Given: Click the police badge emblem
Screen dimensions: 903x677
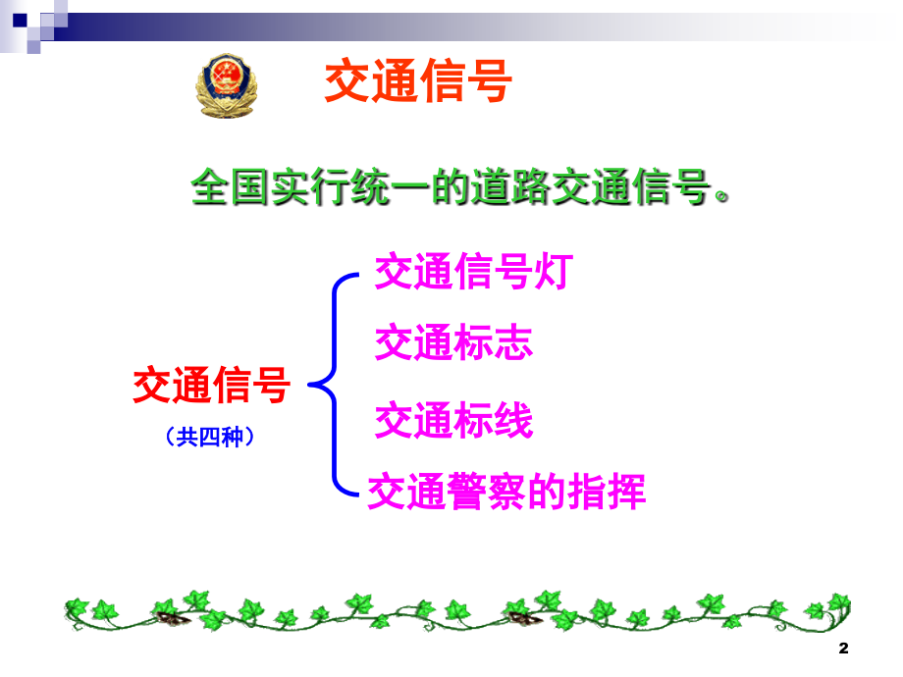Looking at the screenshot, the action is coord(227,85).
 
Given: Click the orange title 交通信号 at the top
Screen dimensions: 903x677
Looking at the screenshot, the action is coord(418,81).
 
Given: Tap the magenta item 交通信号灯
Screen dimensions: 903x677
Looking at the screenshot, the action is coord(473,271).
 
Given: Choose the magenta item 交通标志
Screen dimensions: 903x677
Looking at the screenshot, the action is coord(453,342).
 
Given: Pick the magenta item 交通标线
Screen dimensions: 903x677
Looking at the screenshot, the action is coord(453,420).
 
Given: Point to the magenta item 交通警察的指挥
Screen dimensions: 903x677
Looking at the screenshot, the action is coord(506,491).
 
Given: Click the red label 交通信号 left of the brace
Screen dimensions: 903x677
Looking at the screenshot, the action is coord(211,385).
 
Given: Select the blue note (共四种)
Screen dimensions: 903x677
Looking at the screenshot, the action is coord(210,437).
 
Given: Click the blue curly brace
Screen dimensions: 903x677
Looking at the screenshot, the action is coord(334,385).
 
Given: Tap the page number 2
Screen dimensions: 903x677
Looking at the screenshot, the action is coord(844,649).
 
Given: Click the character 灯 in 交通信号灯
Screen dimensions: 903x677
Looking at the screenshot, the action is coord(554,271).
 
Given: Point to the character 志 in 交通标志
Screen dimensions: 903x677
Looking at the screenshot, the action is coord(513,342).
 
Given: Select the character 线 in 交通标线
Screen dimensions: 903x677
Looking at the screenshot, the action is coord(513,420).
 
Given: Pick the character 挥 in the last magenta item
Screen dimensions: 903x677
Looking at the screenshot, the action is coord(626,491).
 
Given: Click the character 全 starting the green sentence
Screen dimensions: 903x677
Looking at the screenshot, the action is coord(210,187).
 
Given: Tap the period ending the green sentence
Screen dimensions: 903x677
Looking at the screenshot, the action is coord(721,196).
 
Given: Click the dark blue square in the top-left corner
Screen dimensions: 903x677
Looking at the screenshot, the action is coord(20,21).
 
